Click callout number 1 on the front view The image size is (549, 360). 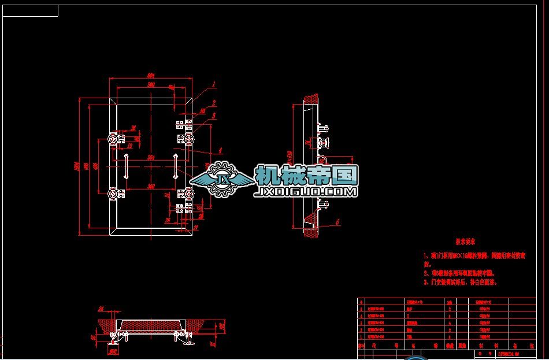[x=214, y=84]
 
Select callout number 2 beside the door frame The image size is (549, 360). [x=214, y=103]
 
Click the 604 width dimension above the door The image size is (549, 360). [x=151, y=76]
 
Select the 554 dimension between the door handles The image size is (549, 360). [x=151, y=157]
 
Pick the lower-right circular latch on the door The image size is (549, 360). [x=189, y=193]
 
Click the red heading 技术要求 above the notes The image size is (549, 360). [x=465, y=242]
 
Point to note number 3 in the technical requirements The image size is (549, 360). [x=460, y=283]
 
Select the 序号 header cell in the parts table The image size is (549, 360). [x=362, y=346]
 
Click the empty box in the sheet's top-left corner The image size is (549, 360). [x=31, y=10]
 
